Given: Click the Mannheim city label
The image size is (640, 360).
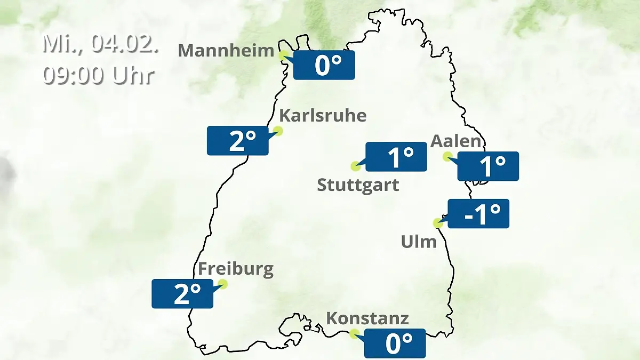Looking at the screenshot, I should pyautogui.click(x=226, y=51).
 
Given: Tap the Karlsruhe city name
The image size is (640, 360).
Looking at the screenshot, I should pyautogui.click(x=323, y=115).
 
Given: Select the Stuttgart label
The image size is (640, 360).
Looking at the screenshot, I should pyautogui.click(x=358, y=186).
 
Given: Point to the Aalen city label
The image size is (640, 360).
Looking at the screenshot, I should pyautogui.click(x=456, y=141).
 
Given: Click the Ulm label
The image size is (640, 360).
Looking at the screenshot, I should pyautogui.click(x=419, y=242).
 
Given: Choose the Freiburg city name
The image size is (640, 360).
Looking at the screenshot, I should pyautogui.click(x=236, y=269).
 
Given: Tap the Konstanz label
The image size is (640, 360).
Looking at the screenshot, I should pyautogui.click(x=367, y=318).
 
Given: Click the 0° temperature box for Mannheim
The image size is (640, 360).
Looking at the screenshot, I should pyautogui.click(x=324, y=65).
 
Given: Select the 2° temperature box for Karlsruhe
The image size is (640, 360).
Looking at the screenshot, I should pyautogui.click(x=238, y=141).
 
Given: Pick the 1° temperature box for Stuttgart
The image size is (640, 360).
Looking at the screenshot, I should pyautogui.click(x=396, y=157).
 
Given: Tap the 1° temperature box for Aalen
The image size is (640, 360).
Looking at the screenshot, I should pyautogui.click(x=488, y=166).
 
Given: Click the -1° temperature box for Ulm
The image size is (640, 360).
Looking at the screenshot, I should pyautogui.click(x=478, y=213).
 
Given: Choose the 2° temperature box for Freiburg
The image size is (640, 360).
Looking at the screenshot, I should pyautogui.click(x=182, y=293).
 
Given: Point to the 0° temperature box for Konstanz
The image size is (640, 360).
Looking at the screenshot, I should pyautogui.click(x=395, y=343).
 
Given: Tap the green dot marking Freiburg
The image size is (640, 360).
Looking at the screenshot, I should pyautogui.click(x=223, y=284).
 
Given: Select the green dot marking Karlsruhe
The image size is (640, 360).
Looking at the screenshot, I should pyautogui.click(x=278, y=131).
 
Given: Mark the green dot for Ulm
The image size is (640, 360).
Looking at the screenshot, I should pyautogui.click(x=438, y=223).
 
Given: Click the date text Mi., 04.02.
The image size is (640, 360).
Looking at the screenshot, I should pyautogui.click(x=101, y=44).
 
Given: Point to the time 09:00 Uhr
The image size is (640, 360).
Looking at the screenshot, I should pyautogui.click(x=99, y=75).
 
